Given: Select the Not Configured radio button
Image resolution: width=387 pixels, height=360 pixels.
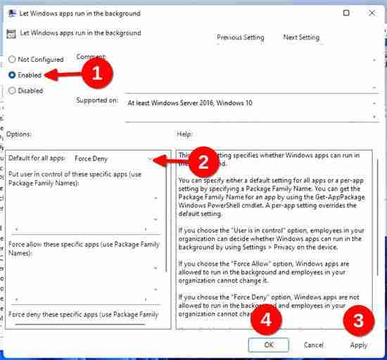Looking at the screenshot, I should [12, 59].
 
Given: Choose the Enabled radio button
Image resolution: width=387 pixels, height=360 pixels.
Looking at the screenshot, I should [12, 75].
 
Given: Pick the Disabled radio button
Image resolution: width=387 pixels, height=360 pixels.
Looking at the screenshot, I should [12, 90].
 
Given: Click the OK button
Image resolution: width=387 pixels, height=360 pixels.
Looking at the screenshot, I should [269, 345].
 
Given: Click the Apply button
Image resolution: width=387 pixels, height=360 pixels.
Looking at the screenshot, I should [359, 345].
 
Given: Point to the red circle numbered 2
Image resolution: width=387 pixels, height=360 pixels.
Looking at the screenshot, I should [203, 162].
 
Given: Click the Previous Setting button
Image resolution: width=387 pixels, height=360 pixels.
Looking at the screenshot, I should [241, 37].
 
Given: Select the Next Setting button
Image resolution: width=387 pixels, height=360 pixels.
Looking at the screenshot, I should [300, 37].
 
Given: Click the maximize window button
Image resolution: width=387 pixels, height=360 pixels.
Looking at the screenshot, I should [346, 13].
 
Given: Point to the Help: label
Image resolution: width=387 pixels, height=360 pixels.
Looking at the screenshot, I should [185, 134].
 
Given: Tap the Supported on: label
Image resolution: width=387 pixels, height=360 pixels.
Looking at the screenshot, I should [97, 101].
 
